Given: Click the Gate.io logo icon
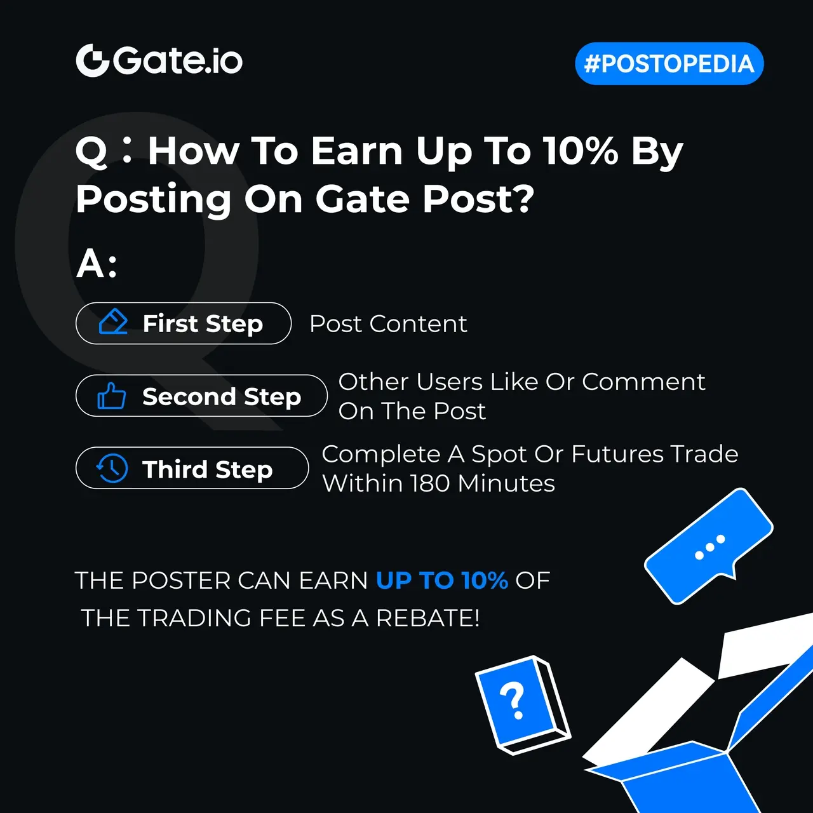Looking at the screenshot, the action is click(x=92, y=60).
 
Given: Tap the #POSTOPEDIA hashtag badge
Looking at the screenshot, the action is click(x=669, y=64).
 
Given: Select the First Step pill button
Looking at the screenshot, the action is click(x=184, y=323).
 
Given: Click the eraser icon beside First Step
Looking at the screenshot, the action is click(x=113, y=322).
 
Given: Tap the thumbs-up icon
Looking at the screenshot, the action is click(x=111, y=396).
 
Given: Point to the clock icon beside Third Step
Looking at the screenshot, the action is click(x=112, y=468).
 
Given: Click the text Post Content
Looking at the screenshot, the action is click(x=388, y=323).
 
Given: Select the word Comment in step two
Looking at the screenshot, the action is click(x=643, y=382).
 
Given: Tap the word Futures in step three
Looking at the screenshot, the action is click(x=617, y=454).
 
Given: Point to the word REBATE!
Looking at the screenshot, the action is click(x=427, y=618).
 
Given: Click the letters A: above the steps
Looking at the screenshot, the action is click(x=96, y=264).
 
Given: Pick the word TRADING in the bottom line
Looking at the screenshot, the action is click(x=196, y=618).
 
